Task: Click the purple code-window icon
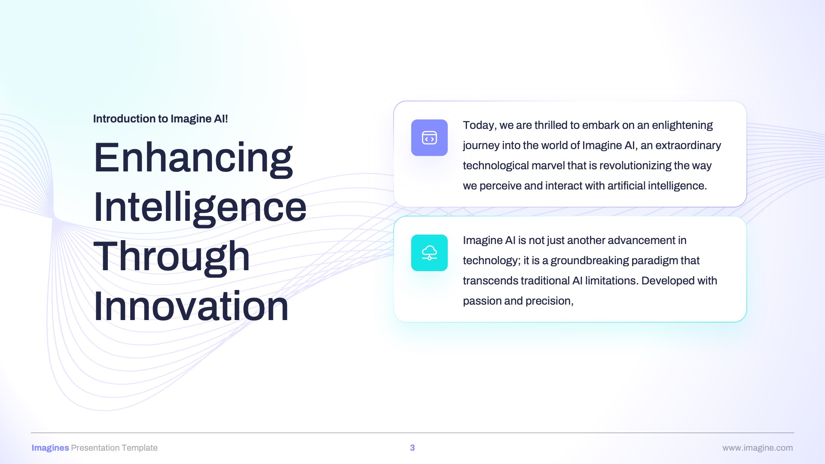(x=429, y=137)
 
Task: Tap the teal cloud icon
(x=429, y=253)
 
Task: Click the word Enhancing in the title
(x=193, y=158)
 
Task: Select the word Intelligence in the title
(x=200, y=208)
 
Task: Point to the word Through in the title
(x=171, y=257)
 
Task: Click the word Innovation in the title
(x=191, y=306)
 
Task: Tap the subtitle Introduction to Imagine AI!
(x=160, y=119)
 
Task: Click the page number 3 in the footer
(x=412, y=448)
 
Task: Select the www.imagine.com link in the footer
(x=758, y=448)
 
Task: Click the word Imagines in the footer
(x=50, y=448)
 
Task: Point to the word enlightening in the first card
(x=682, y=125)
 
